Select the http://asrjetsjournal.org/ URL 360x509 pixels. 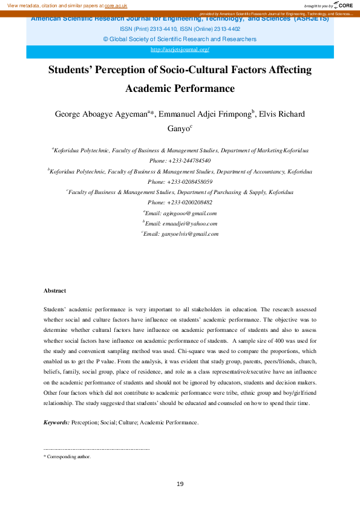(x=180, y=50)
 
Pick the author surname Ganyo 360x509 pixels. (x=177, y=128)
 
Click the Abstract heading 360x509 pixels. (x=55, y=291)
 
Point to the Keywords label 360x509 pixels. (x=56, y=422)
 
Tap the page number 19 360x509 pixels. (x=180, y=484)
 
